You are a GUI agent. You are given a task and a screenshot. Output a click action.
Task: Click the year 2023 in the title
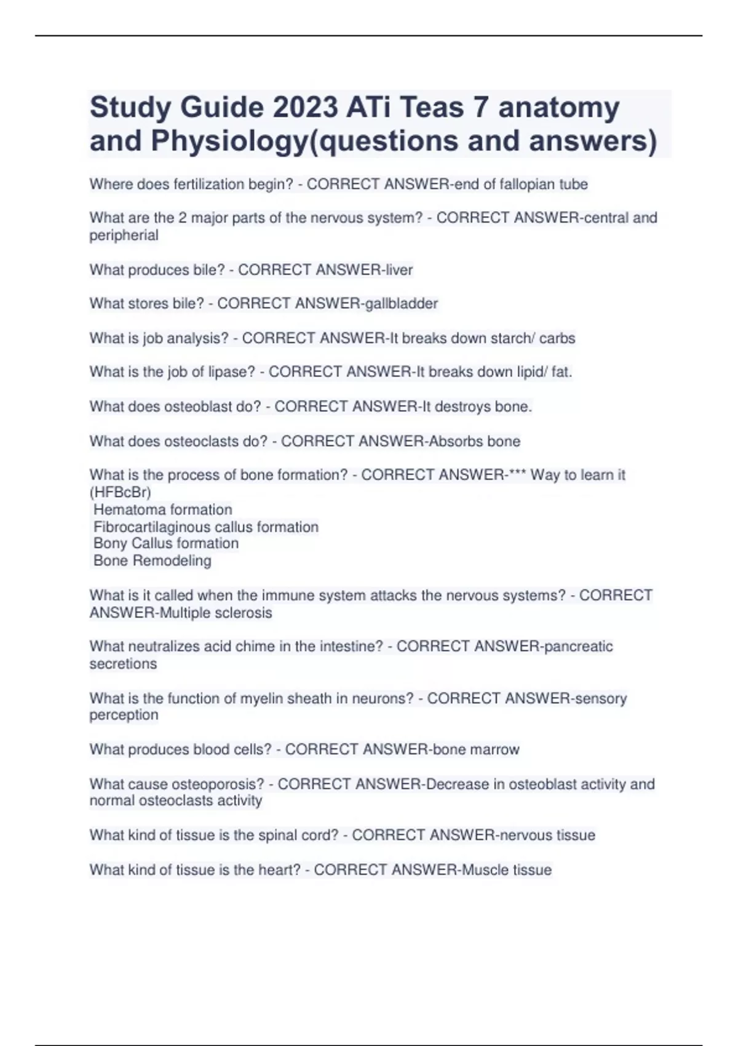tap(305, 108)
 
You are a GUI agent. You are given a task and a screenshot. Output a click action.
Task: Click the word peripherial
tap(124, 235)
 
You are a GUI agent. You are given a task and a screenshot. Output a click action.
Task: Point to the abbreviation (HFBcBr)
tap(120, 492)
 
